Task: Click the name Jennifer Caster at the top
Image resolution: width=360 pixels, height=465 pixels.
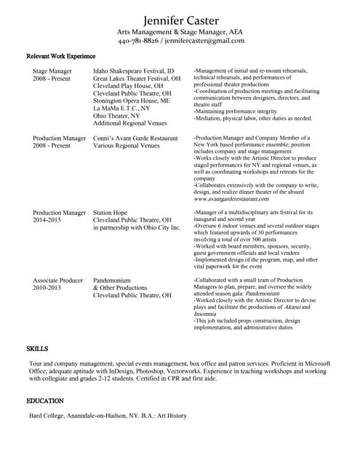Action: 180,18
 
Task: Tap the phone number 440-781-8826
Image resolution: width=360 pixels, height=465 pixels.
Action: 138,41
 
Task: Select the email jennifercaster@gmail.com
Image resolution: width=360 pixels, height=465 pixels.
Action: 204,41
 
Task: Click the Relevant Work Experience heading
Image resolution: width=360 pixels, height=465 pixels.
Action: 60,56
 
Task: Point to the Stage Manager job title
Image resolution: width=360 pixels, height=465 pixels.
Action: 52,71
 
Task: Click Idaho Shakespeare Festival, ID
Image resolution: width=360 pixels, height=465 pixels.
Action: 134,71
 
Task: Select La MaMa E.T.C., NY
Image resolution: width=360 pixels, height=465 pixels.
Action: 121,108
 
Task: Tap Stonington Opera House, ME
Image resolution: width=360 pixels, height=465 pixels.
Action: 132,101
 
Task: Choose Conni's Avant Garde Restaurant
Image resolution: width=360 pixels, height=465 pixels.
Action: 135,138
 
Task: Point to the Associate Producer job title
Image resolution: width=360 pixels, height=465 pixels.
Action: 58,280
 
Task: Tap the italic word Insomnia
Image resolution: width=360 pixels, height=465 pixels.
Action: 207,314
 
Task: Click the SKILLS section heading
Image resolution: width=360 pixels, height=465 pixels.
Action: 37,349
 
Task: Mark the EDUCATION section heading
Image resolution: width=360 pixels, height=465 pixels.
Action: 45,401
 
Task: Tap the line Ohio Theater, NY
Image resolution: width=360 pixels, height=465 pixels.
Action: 116,116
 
